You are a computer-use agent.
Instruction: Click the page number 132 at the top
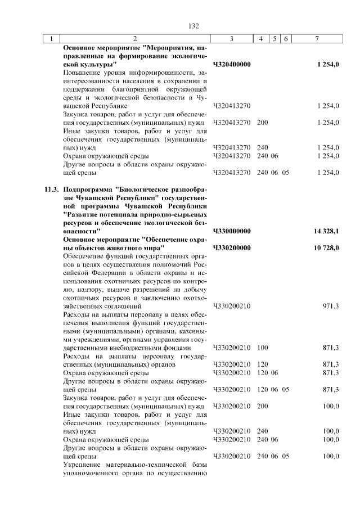(x=193, y=26)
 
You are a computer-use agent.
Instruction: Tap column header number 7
(x=317, y=39)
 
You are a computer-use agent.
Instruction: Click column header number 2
(x=135, y=39)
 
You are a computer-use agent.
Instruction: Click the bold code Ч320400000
(x=232, y=65)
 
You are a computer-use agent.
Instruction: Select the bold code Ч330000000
(x=232, y=231)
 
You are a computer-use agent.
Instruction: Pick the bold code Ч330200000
(x=232, y=247)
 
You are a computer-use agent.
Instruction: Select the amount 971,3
(x=330, y=306)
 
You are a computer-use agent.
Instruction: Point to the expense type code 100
(x=262, y=348)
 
